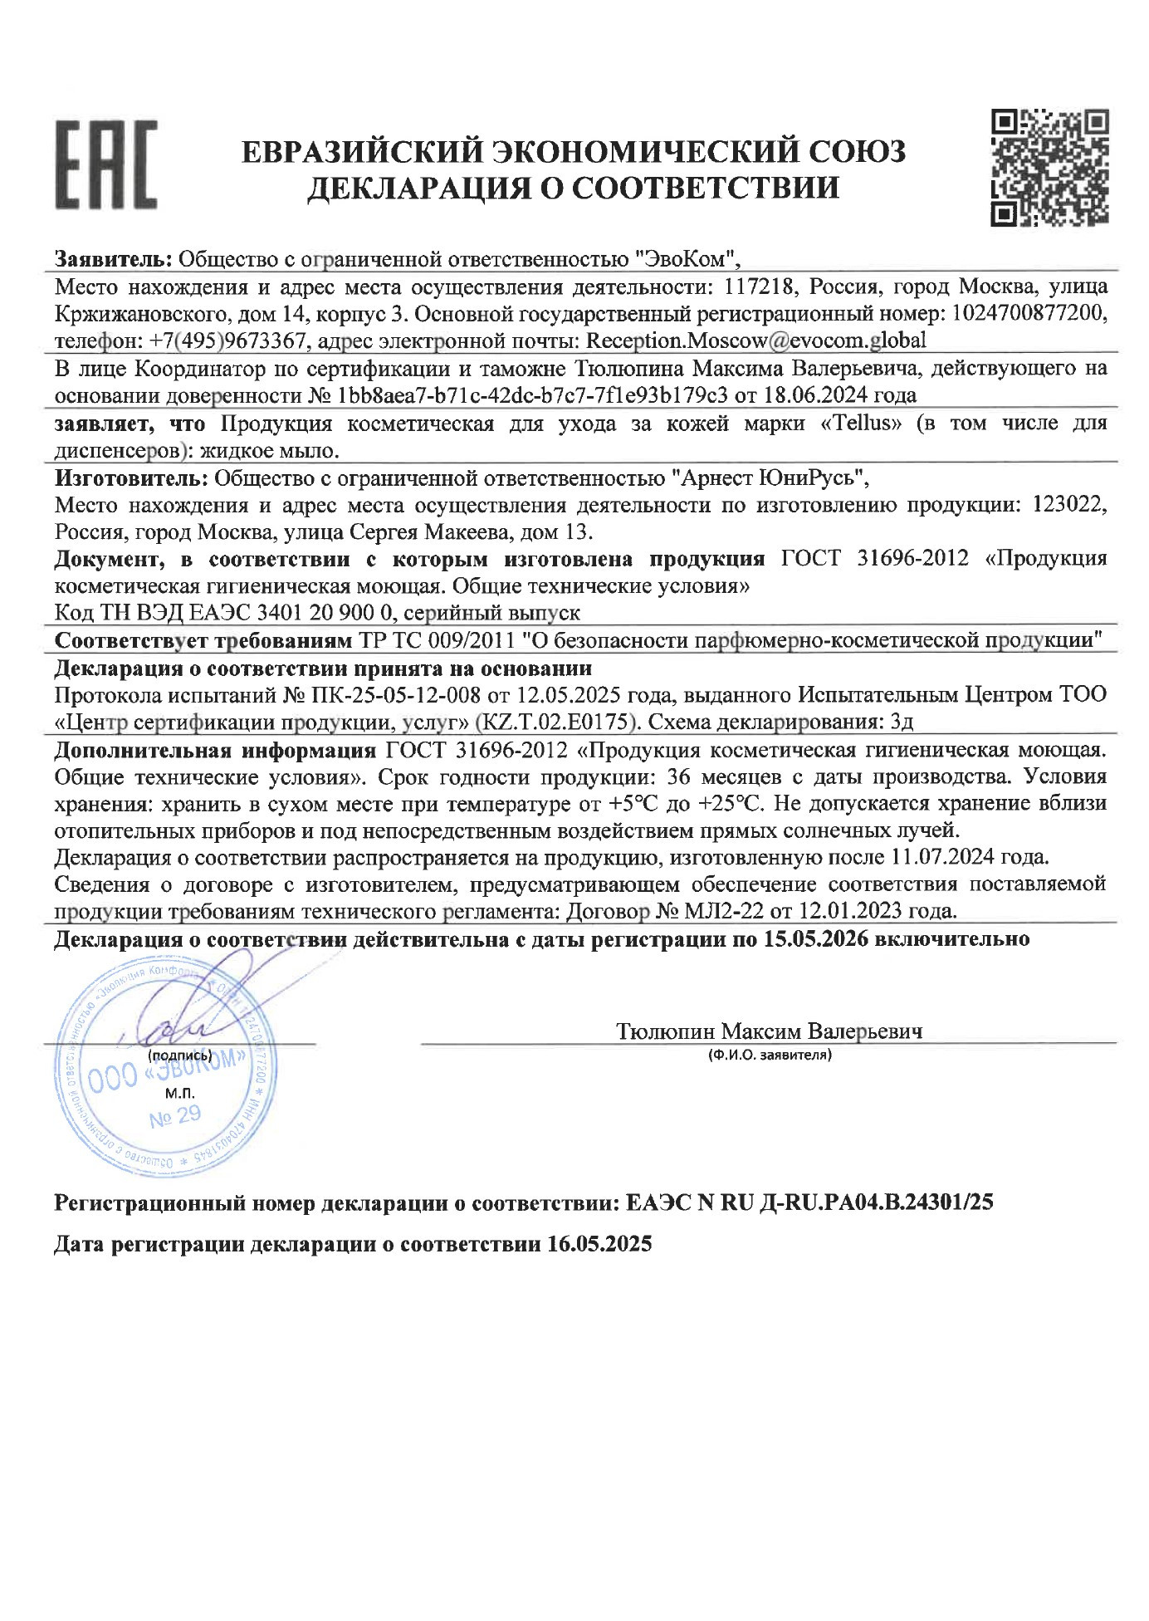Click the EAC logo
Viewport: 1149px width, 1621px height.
[x=106, y=164]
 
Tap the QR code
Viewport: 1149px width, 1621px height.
[x=1051, y=167]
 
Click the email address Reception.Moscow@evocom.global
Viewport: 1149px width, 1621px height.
[x=755, y=340]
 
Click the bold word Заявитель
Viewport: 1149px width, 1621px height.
[x=113, y=258]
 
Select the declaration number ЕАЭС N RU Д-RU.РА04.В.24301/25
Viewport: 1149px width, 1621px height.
[x=809, y=1202]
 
